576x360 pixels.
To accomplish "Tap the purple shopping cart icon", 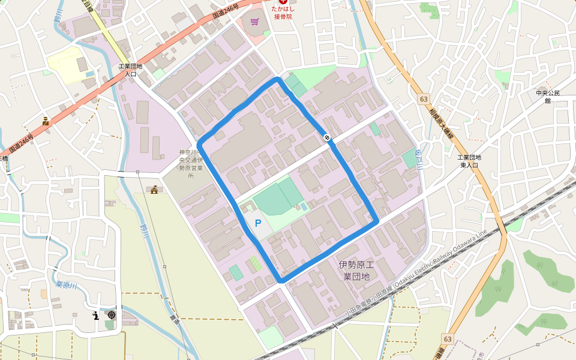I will pos(255,22).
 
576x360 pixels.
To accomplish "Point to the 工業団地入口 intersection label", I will pos(130,70).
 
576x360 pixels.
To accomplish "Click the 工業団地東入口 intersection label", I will pos(469,161).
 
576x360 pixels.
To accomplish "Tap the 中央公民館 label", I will pos(548,97).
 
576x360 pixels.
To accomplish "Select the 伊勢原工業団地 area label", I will pos(356,270).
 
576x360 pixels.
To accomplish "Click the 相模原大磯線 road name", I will pos(441,125).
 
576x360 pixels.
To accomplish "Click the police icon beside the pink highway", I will pos(46,121).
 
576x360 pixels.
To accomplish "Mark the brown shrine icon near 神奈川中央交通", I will pos(155,190).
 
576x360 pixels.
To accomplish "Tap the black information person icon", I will pos(95,315).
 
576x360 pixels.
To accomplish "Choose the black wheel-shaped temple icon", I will pos(111,315).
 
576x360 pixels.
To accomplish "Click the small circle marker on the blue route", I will pos(327,138).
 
